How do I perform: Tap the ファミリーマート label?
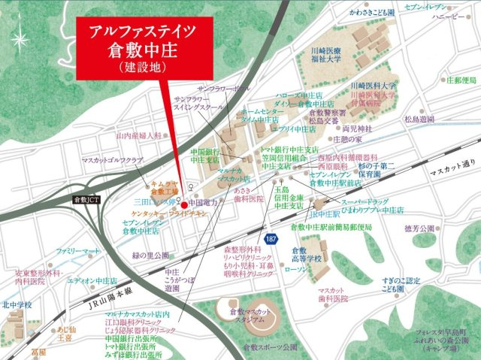point(77,249)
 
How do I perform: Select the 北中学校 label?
point(17,305)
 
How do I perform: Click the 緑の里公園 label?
point(150,255)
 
